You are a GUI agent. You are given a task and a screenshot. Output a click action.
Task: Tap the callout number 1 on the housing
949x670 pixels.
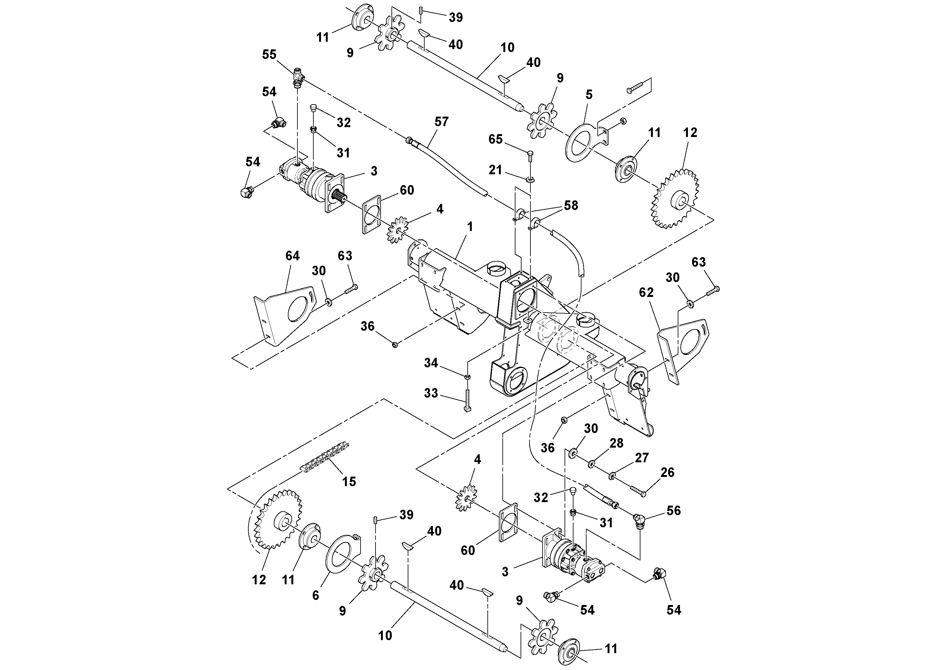[470, 227]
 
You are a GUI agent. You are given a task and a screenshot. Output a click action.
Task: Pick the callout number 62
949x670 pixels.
[646, 292]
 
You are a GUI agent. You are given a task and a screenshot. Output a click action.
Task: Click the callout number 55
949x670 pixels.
[269, 54]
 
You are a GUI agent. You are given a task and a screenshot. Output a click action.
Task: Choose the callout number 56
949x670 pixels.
[673, 511]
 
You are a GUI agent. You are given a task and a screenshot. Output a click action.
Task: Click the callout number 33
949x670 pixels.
[431, 393]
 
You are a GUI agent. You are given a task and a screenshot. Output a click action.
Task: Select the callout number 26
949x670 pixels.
[668, 472]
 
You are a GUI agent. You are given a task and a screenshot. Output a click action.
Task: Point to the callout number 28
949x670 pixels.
[616, 443]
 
